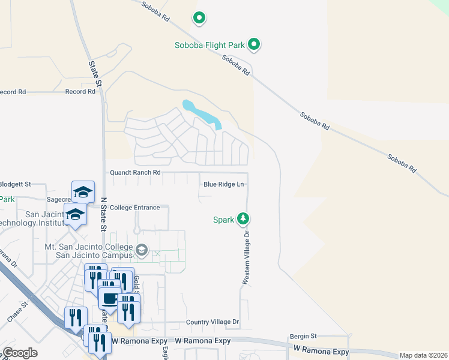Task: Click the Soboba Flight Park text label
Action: [x=210, y=45]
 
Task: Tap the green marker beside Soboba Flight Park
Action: [x=255, y=44]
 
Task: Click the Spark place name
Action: [x=223, y=220]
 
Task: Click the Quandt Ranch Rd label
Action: [x=135, y=172]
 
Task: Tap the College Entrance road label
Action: [x=134, y=208]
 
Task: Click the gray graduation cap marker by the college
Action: [x=142, y=250]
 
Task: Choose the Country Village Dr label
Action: [x=212, y=322]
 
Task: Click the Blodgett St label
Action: [x=23, y=184]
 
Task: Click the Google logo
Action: [x=20, y=353]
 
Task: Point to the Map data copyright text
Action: [x=423, y=355]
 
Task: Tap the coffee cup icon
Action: [x=109, y=298]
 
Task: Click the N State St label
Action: [x=103, y=215]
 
